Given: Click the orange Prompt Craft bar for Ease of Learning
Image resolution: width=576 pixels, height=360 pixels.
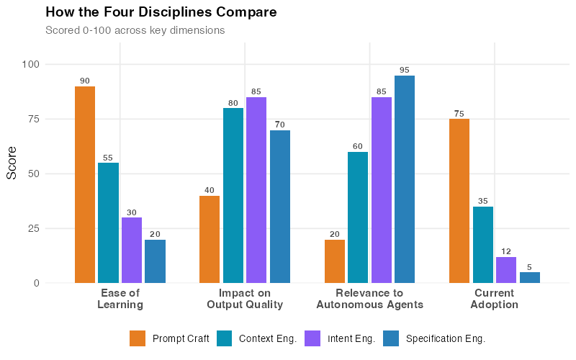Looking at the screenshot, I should (x=85, y=184).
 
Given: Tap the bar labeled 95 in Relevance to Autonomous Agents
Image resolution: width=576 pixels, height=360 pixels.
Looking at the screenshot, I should (x=405, y=179).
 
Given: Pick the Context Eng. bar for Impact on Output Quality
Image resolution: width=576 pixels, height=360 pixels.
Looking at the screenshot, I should (x=233, y=195).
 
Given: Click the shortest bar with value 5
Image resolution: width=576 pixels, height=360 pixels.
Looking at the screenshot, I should (x=530, y=277).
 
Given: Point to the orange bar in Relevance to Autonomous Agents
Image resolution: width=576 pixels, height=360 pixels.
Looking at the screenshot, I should (x=335, y=261).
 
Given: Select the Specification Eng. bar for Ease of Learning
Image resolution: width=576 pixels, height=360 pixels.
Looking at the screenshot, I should (x=155, y=261).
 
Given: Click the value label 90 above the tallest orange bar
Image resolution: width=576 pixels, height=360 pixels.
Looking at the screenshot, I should (x=85, y=81).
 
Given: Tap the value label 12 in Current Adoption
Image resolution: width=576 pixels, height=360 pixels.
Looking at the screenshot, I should (x=506, y=251).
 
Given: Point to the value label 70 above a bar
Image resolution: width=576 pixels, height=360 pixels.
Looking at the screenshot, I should (x=279, y=125).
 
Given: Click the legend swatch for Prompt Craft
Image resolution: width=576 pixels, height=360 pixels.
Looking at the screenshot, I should (x=138, y=338).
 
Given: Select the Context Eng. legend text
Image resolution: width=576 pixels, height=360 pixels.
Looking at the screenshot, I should (x=268, y=338).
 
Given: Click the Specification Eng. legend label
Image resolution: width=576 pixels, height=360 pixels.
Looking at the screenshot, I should (x=446, y=338).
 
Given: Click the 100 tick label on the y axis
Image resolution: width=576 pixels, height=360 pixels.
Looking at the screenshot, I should (x=30, y=64).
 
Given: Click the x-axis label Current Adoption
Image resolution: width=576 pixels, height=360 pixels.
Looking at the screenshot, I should (x=494, y=299).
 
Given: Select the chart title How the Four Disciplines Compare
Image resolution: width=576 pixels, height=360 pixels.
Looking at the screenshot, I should (x=161, y=12).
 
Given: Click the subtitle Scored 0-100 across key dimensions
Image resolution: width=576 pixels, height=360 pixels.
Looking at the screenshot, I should (x=135, y=30).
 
